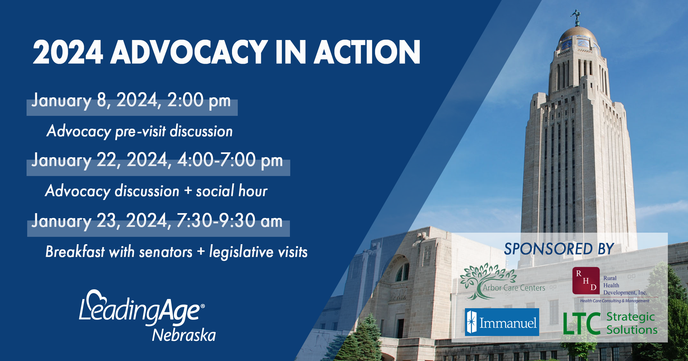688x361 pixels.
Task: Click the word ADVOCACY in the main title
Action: pos(189,52)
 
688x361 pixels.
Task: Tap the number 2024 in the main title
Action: pos(68,52)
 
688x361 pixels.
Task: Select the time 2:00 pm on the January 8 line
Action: pos(199,100)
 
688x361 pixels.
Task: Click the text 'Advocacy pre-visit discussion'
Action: pos(140,131)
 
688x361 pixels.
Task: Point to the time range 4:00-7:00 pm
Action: pos(230,160)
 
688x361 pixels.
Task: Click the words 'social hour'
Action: pos(232,191)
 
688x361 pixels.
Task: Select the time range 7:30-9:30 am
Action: pos(229,221)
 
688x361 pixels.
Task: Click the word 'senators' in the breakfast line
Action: pos(166,252)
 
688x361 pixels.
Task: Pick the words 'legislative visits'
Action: pos(258,252)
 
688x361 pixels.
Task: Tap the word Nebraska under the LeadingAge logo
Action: pos(184,335)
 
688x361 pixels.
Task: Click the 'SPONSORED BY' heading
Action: pos(559,249)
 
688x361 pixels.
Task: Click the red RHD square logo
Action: pos(586,281)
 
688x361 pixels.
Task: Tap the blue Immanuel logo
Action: pos(502,322)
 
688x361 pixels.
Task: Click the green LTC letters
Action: pos(582,324)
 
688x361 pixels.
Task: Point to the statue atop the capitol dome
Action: pos(577,17)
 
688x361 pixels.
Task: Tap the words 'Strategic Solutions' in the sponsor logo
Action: pos(632,323)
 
